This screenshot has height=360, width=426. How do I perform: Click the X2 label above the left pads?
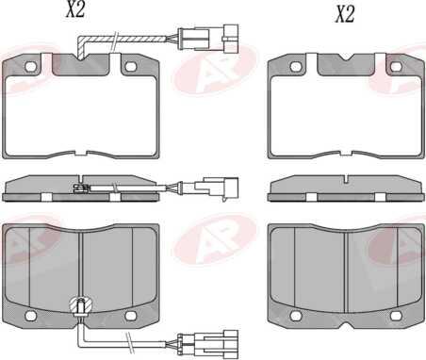pos(75,9)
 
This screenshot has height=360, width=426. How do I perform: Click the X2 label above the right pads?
pos(345,14)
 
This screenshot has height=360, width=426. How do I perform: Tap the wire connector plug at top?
pos(208,39)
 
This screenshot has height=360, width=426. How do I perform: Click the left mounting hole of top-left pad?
pos(31,66)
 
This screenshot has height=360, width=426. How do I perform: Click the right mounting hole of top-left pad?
pos(130,66)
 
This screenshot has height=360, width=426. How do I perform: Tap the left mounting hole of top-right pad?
pos(296,66)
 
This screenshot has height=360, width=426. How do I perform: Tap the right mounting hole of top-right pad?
pos(396,66)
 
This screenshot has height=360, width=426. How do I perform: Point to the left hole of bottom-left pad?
pos(31,316)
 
